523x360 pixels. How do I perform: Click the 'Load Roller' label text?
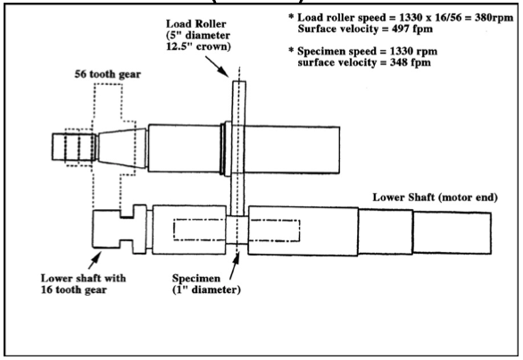click(x=196, y=24)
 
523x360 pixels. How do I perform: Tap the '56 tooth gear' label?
click(x=108, y=74)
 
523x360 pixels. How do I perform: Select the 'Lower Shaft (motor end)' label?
click(x=435, y=197)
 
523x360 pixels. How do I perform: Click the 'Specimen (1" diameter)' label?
click(x=206, y=284)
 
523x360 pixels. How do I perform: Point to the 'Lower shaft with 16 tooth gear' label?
click(x=83, y=284)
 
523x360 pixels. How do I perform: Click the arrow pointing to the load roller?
click(x=217, y=67)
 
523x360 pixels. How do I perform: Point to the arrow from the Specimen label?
click(x=235, y=266)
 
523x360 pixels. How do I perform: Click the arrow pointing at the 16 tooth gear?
click(x=95, y=261)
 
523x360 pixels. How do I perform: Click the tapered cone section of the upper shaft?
click(x=122, y=148)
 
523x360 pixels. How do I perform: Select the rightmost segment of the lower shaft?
click(x=452, y=233)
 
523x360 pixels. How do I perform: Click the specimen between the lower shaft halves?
click(x=237, y=230)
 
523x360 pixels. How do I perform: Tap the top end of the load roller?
click(x=239, y=81)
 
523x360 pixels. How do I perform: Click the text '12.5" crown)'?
click(x=198, y=46)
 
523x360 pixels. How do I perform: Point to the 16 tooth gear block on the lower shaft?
click(x=106, y=229)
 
